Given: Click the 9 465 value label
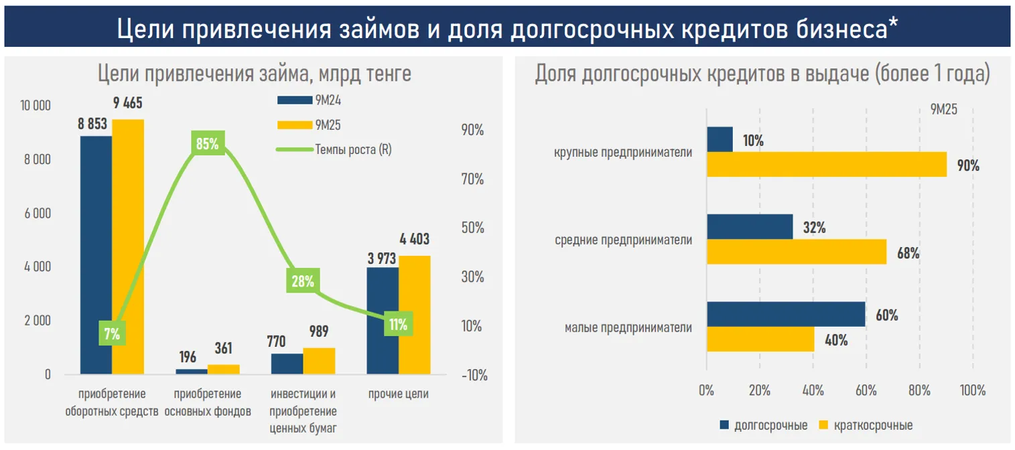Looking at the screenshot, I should [x=127, y=104].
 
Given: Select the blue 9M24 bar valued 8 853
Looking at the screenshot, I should [x=96, y=254].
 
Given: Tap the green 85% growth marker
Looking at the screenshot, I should [x=207, y=143].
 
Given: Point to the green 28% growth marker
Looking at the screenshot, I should [x=302, y=281].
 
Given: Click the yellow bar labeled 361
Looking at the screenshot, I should [x=223, y=369].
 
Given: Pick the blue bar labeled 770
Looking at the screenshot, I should [x=287, y=364].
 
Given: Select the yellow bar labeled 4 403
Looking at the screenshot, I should [x=415, y=315].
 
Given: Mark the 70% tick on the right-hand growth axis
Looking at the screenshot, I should [x=472, y=179].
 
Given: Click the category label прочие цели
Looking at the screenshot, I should [x=398, y=394].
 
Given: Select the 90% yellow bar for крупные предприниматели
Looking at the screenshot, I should [x=826, y=165].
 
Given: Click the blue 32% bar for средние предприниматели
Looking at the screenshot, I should [x=749, y=227].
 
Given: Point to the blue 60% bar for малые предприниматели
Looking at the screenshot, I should [x=786, y=315].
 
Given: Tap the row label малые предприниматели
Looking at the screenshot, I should [x=628, y=328].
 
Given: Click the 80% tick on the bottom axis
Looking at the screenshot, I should [x=919, y=390].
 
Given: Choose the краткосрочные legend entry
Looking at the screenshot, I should [x=864, y=425].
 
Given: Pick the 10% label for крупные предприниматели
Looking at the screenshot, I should [x=752, y=141].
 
